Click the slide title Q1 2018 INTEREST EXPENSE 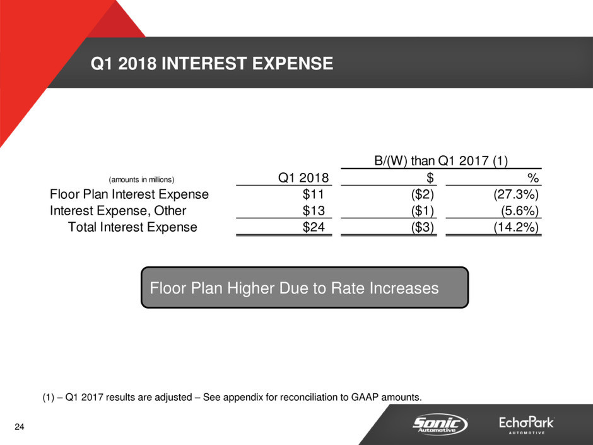[x=212, y=63]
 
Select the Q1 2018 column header [x=303, y=177]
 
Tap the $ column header [x=430, y=177]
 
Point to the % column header [x=533, y=177]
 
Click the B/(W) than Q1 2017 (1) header [x=441, y=160]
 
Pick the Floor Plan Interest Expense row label [x=129, y=194]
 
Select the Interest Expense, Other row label [x=118, y=210]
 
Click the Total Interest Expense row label [x=132, y=227]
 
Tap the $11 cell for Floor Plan [x=313, y=194]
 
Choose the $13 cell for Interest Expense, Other [x=314, y=210]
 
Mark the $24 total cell [x=314, y=227]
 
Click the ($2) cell [x=423, y=194]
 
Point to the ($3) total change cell [x=423, y=227]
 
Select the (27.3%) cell [x=516, y=194]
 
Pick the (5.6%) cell [x=520, y=210]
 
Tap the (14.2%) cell [x=516, y=227]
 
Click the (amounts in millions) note [x=141, y=179]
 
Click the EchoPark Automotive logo [x=526, y=425]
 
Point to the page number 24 [x=20, y=427]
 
